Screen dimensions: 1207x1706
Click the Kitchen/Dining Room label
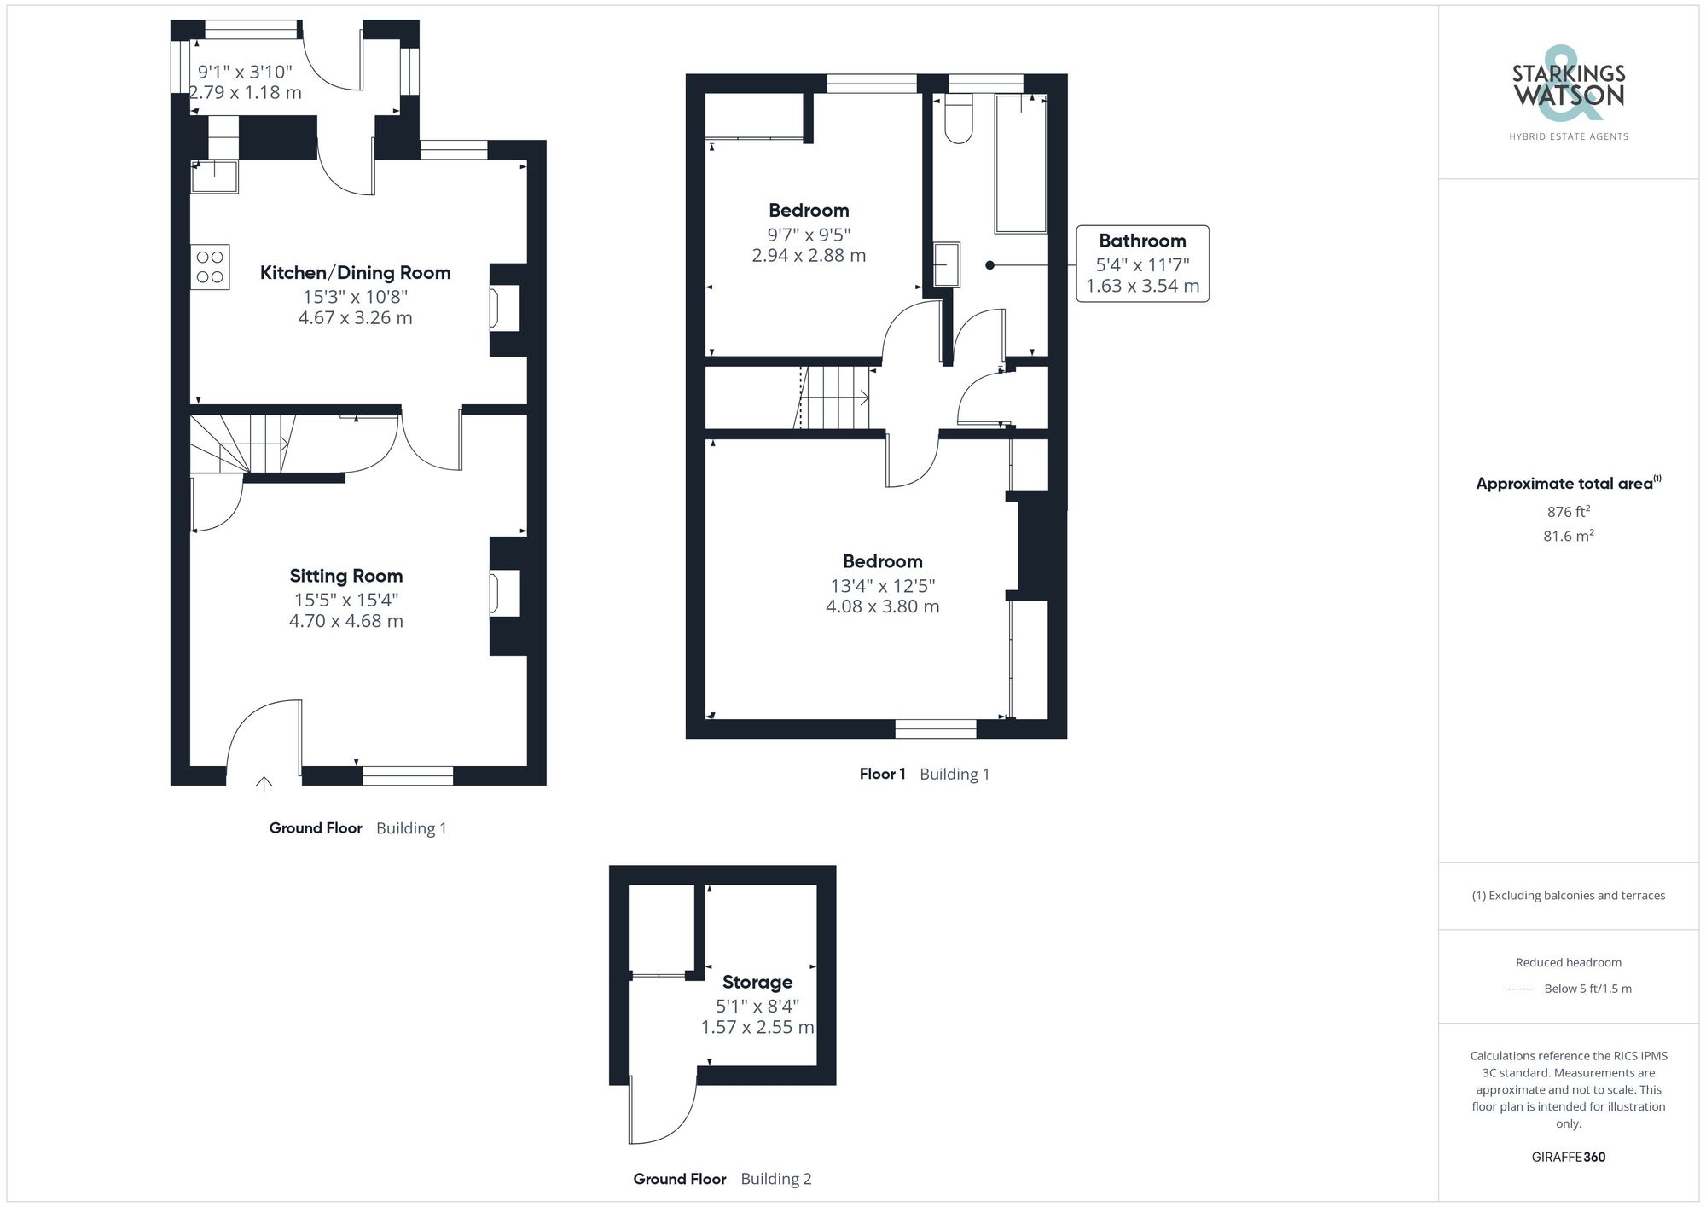355,273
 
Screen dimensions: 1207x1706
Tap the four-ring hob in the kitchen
210,267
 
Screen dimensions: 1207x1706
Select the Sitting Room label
345,577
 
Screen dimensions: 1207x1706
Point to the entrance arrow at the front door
264,784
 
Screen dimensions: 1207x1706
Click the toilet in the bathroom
959,121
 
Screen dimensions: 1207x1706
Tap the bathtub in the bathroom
1020,164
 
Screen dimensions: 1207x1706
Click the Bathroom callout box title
1142,241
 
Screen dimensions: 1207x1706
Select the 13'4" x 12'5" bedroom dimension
882,586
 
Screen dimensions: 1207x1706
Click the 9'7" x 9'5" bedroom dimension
809,235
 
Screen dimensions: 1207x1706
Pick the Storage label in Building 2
757,982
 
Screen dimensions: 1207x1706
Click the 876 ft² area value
1568,512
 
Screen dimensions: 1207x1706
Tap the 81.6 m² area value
1568,536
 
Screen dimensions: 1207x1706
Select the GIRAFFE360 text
1568,1158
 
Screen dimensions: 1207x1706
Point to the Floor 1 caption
882,774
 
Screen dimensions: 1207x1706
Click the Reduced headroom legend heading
1568,962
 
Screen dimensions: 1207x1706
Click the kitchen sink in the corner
214,177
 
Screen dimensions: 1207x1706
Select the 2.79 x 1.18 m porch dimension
246,92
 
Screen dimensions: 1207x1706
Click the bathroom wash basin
946,264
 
